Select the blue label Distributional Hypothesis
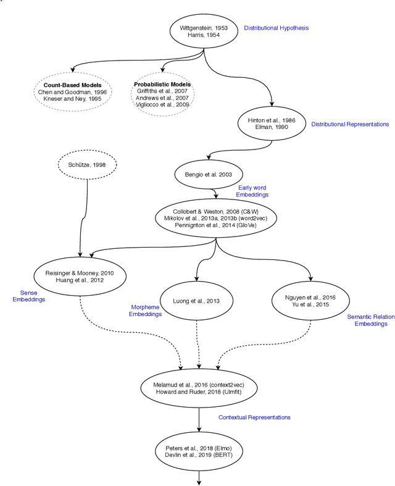pyautogui.click(x=276, y=28)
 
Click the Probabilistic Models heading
pyautogui.click(x=163, y=84)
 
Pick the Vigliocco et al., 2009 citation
pyautogui.click(x=163, y=104)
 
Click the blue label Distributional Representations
pyautogui.click(x=350, y=124)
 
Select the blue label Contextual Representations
pyautogui.click(x=254, y=417)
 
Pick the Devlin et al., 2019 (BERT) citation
pyautogui.click(x=199, y=455)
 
